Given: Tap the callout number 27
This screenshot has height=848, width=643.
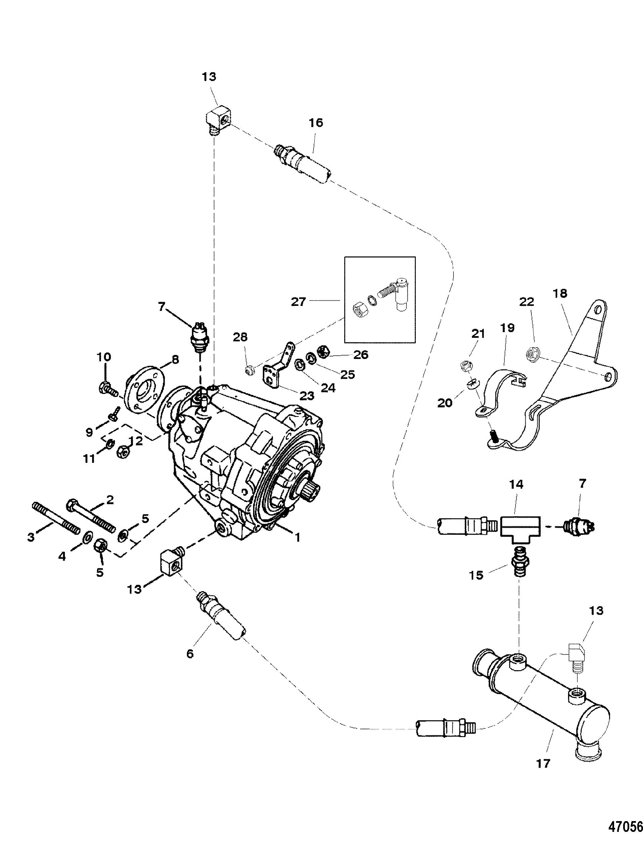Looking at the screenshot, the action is click(298, 302).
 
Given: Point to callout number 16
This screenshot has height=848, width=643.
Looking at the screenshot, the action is click(316, 123).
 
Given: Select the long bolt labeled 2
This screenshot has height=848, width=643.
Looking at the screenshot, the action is click(91, 515).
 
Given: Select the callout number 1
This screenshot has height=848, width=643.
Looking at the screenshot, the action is click(297, 537).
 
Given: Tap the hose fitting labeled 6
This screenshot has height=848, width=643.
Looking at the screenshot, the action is click(221, 618).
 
